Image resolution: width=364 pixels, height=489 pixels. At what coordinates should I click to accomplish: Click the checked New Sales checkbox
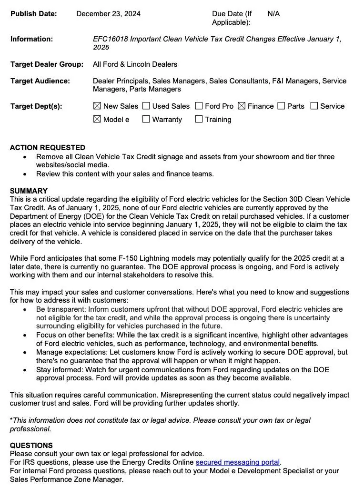(97, 106)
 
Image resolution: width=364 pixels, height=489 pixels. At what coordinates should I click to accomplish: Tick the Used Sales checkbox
(146, 106)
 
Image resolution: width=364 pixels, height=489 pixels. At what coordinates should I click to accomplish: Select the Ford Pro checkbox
(199, 106)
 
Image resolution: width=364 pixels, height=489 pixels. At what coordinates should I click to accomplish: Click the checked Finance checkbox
(242, 106)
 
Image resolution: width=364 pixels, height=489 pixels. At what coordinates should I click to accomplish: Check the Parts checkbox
(282, 106)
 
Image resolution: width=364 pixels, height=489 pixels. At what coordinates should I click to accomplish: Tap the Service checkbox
(314, 106)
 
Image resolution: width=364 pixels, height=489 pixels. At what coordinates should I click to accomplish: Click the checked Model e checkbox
(97, 120)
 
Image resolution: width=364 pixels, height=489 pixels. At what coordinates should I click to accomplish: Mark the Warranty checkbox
(146, 120)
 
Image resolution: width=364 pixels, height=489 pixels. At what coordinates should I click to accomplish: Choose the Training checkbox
(199, 120)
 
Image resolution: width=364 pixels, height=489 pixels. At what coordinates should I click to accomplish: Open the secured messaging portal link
(238, 462)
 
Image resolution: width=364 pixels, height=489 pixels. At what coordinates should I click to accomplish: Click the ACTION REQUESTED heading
(48, 148)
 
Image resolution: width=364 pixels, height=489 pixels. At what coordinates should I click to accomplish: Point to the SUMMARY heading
(29, 191)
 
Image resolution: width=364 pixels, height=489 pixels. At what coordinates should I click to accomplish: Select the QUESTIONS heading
(31, 446)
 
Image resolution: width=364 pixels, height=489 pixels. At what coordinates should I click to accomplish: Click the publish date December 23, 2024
(108, 14)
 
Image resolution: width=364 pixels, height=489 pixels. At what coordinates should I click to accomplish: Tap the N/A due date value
(273, 14)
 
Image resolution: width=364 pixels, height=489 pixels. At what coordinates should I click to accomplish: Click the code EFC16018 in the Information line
(110, 39)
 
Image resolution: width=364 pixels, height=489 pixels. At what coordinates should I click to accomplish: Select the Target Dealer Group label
(47, 64)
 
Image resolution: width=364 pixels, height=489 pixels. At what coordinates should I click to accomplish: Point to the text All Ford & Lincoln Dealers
(135, 64)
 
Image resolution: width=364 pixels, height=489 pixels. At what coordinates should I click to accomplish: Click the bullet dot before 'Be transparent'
(25, 309)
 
